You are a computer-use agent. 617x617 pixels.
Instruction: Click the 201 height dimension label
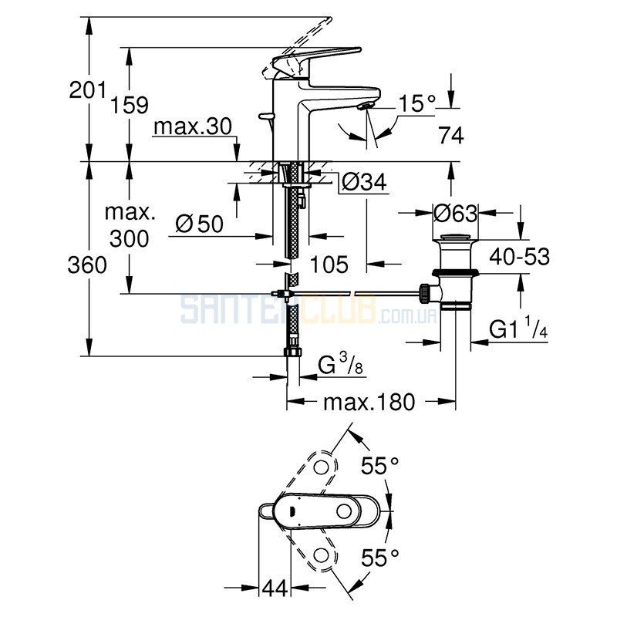pyautogui.click(x=88, y=90)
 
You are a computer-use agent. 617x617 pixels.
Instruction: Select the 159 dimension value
pyautogui.click(x=130, y=105)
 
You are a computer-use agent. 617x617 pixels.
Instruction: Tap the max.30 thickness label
pyautogui.click(x=193, y=126)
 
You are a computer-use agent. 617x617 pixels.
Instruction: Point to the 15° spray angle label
pyautogui.click(x=417, y=103)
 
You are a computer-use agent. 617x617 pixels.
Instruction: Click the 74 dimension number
pyautogui.click(x=451, y=136)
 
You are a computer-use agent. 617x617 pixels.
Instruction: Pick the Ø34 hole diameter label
pyautogui.click(x=364, y=182)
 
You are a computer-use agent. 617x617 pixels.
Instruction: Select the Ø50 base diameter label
pyautogui.click(x=200, y=224)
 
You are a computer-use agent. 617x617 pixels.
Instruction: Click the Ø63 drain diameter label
pyautogui.click(x=456, y=214)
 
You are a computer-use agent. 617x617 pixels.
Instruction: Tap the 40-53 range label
pyautogui.click(x=519, y=257)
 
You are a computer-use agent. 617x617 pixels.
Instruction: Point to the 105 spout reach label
pyautogui.click(x=329, y=265)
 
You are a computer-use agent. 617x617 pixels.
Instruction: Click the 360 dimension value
pyautogui.click(x=87, y=265)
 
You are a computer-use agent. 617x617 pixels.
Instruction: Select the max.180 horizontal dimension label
pyautogui.click(x=369, y=402)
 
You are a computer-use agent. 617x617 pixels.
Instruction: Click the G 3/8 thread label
pyautogui.click(x=340, y=364)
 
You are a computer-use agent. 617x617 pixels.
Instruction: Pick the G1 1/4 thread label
pyautogui.click(x=518, y=328)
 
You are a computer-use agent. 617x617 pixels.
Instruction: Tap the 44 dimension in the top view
pyautogui.click(x=275, y=588)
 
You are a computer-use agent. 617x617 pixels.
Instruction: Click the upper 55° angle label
pyautogui.click(x=380, y=466)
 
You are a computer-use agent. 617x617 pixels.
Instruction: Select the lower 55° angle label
pyautogui.click(x=380, y=558)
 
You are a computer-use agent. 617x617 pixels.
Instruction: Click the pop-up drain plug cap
pyautogui.click(x=455, y=238)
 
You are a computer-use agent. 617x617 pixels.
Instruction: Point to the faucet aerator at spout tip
pyautogui.click(x=365, y=106)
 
